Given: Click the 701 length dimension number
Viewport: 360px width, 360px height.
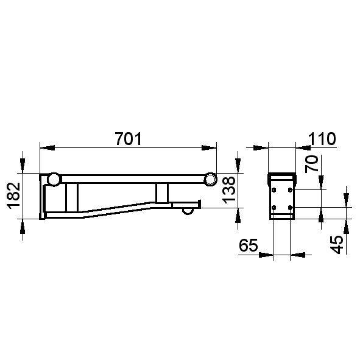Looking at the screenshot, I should pos(128,139).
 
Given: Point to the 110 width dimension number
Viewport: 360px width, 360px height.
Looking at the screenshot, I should pos(322,139).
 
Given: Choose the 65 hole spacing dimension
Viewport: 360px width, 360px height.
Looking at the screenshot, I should pos(247,246).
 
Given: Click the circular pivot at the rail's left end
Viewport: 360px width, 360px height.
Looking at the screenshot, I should pos(54,179).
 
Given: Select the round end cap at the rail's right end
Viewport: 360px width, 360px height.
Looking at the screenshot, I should pos(210,179).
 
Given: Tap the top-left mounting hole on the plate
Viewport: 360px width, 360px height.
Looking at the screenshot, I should pos(274,190).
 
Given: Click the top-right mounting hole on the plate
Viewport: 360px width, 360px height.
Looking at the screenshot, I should pos(290,190).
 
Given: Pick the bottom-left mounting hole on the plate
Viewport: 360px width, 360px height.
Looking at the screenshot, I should pos(274,207).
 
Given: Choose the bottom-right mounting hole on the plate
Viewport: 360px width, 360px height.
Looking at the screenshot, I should pos(290,207).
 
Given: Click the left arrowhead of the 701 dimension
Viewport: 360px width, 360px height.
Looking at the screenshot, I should pos(44,147).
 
